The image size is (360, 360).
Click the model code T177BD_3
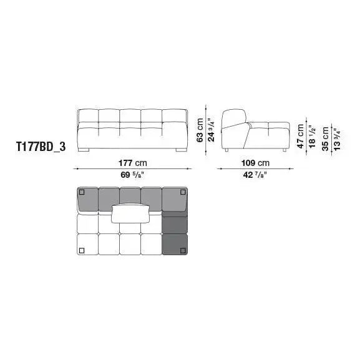(x=41, y=149)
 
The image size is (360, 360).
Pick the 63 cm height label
(x=200, y=129)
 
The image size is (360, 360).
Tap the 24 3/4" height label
(x=211, y=129)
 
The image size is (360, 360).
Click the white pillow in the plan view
(x=132, y=214)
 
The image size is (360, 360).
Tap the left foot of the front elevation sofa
(x=85, y=150)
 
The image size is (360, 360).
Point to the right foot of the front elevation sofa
(x=179, y=150)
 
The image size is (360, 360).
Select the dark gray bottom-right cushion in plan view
(x=175, y=244)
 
